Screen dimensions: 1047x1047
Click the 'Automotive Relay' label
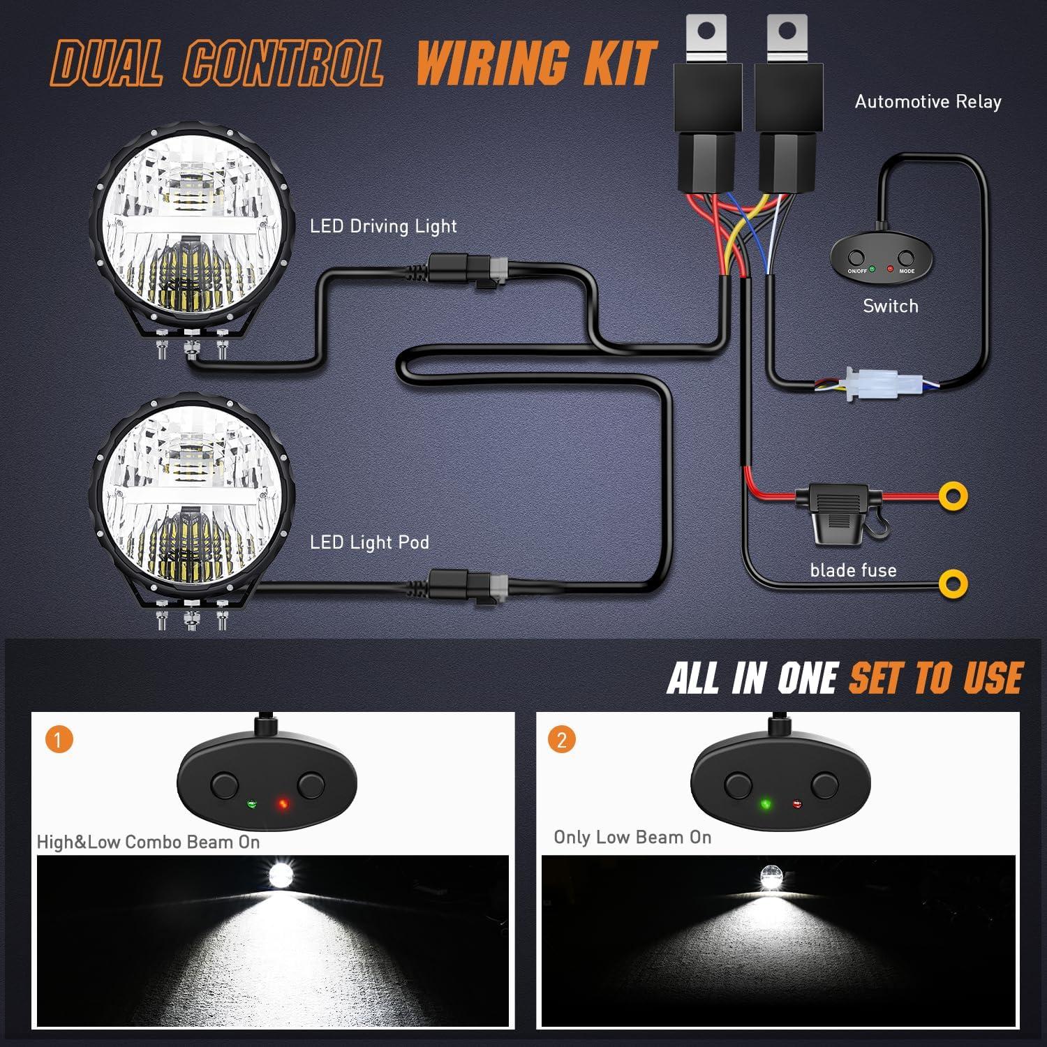[928, 102]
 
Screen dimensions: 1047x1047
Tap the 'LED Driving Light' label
[383, 226]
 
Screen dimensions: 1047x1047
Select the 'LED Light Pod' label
[369, 542]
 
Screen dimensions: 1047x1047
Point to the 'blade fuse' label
[853, 570]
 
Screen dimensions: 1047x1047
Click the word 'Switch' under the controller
[890, 306]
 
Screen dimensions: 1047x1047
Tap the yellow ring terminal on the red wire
[953, 496]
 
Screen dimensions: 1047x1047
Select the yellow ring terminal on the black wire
[953, 583]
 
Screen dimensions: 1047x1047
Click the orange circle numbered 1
[59, 739]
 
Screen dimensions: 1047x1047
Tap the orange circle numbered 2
[562, 739]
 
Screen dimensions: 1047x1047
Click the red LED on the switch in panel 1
[283, 804]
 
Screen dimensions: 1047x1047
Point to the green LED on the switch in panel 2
[766, 804]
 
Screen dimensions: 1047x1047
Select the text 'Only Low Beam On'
[632, 837]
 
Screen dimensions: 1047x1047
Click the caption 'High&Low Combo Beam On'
[148, 842]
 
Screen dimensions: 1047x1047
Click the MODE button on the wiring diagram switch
[906, 258]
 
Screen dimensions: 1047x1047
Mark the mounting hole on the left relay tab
[706, 30]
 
